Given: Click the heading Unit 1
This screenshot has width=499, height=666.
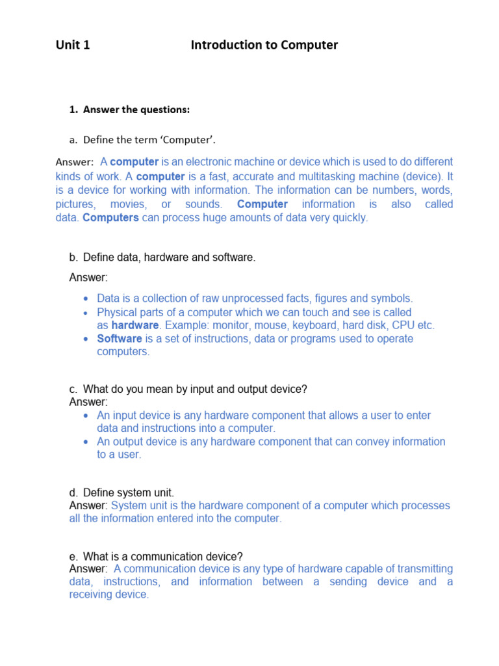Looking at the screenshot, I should (x=73, y=45).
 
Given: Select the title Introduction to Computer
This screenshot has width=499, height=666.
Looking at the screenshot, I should (x=264, y=45).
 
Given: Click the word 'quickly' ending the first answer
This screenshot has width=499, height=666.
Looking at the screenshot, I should (x=350, y=218).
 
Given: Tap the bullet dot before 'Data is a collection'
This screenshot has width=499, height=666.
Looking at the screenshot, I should (x=86, y=299).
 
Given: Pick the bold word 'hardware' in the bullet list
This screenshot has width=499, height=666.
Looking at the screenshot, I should (x=134, y=325).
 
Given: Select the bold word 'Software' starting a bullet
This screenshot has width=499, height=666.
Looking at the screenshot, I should (x=119, y=339).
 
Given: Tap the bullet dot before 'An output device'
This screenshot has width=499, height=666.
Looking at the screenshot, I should (x=86, y=442).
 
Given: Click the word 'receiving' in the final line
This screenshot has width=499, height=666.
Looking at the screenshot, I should (x=92, y=594).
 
